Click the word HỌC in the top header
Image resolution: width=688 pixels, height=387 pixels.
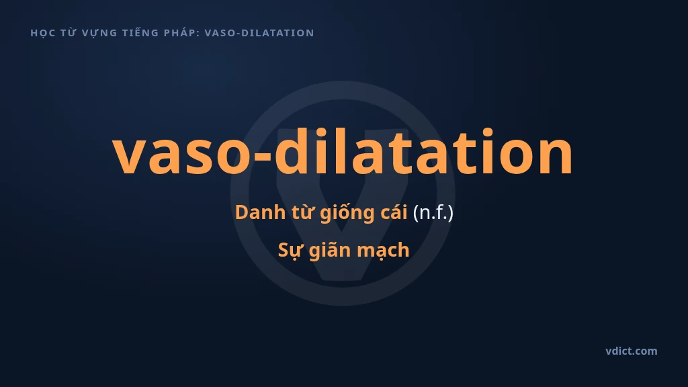[42, 33]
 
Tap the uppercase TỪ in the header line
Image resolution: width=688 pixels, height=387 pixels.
[69, 32]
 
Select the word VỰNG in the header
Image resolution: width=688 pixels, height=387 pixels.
[99, 33]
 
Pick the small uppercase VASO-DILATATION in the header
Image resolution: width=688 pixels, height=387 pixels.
[259, 33]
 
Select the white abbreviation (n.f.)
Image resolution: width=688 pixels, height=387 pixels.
[433, 213]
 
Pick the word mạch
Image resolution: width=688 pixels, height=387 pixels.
[383, 251]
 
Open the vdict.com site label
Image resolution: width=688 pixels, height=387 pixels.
[632, 351]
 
